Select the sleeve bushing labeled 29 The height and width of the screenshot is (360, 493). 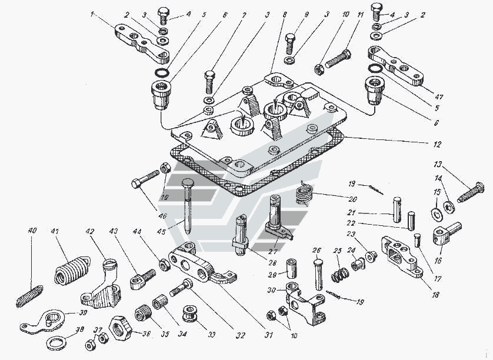click(292, 270)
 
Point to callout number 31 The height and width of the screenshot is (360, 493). click(269, 336)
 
